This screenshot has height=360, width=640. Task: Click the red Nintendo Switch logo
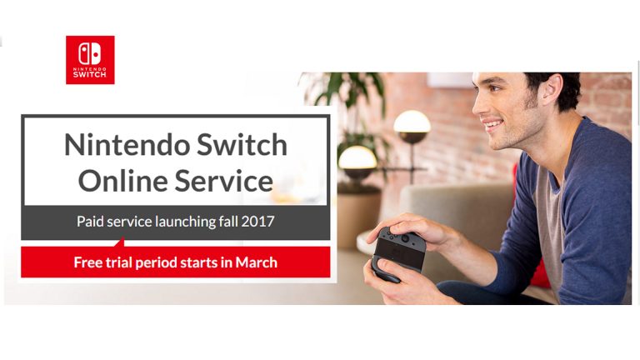(90, 60)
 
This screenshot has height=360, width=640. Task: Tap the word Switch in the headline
(242, 144)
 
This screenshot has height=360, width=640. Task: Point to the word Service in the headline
(224, 181)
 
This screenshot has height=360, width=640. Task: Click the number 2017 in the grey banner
(257, 221)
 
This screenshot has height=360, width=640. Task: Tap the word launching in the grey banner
(185, 222)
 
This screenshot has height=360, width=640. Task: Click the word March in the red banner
(257, 262)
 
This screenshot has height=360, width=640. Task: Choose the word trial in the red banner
(119, 262)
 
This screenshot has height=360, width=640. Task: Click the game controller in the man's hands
(398, 253)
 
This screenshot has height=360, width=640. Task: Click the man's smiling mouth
(492, 123)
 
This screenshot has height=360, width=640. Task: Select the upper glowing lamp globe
(412, 122)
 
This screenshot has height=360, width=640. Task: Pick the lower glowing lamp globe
(357, 157)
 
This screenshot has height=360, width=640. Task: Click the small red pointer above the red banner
(120, 242)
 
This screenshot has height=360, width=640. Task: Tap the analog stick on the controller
(405, 237)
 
